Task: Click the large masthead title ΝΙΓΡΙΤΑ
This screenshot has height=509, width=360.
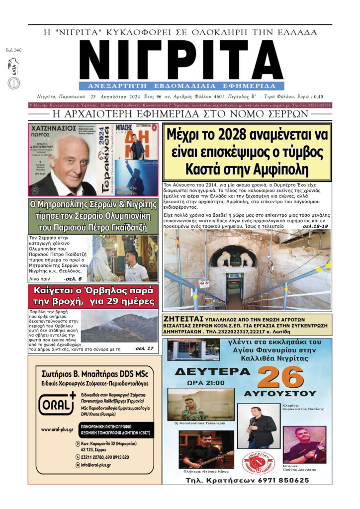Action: (x=181, y=59)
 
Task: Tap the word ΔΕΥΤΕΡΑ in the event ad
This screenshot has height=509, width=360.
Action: (x=208, y=372)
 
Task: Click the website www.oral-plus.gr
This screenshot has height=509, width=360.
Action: (x=57, y=429)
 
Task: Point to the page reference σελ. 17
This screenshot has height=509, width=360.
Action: (x=144, y=348)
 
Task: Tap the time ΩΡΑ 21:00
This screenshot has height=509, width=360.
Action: (x=205, y=383)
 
